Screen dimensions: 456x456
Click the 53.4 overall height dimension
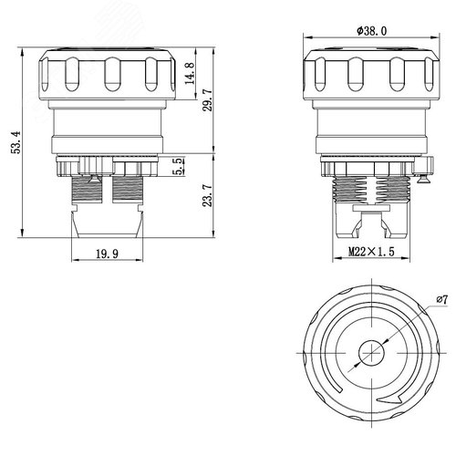point(16,142)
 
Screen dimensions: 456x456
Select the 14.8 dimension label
point(190,74)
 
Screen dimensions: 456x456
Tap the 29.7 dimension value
point(208,100)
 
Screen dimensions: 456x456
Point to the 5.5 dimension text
point(180,166)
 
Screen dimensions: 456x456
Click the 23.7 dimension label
point(208,196)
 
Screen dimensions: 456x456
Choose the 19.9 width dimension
point(108,254)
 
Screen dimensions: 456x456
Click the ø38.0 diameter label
point(372,31)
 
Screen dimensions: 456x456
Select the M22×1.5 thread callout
point(371,252)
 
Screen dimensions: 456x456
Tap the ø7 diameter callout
point(442,300)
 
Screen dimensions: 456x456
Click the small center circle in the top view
point(371,353)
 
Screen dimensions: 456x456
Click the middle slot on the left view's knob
point(112,75)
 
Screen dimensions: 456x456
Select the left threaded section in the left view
point(87,189)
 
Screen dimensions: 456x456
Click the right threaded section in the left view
point(128,189)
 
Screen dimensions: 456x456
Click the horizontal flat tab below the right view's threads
point(371,208)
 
